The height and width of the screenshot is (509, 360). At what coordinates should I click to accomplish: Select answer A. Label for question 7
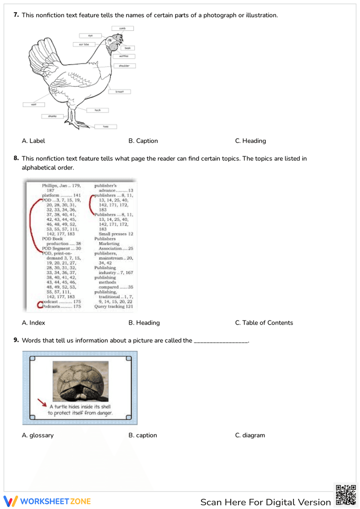(33, 141)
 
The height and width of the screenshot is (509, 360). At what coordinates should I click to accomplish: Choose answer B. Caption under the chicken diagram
(143, 141)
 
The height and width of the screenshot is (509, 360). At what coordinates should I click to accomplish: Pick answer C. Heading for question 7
(250, 141)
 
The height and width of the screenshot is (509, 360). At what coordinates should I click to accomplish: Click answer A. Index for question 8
(33, 323)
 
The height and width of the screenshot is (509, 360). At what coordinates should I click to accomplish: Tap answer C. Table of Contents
(264, 323)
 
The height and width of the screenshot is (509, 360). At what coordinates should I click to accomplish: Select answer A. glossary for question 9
(38, 435)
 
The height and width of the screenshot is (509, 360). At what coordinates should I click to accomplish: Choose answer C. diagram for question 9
(250, 435)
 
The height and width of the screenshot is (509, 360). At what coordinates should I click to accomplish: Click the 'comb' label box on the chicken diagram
(122, 28)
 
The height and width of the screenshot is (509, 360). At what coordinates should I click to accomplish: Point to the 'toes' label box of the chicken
(105, 127)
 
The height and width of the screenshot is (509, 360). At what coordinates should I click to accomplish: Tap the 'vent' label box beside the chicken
(33, 105)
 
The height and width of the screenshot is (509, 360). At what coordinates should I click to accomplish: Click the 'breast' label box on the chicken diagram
(120, 92)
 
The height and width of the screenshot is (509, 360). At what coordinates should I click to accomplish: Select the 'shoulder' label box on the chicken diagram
(124, 66)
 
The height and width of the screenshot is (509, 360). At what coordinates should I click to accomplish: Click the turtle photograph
(80, 381)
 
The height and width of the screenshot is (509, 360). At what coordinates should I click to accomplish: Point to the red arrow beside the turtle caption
(42, 402)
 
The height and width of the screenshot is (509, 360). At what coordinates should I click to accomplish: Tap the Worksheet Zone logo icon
(10, 501)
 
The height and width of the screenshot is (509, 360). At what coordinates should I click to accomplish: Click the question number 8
(16, 158)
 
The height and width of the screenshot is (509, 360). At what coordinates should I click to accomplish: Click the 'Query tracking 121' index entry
(113, 307)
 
